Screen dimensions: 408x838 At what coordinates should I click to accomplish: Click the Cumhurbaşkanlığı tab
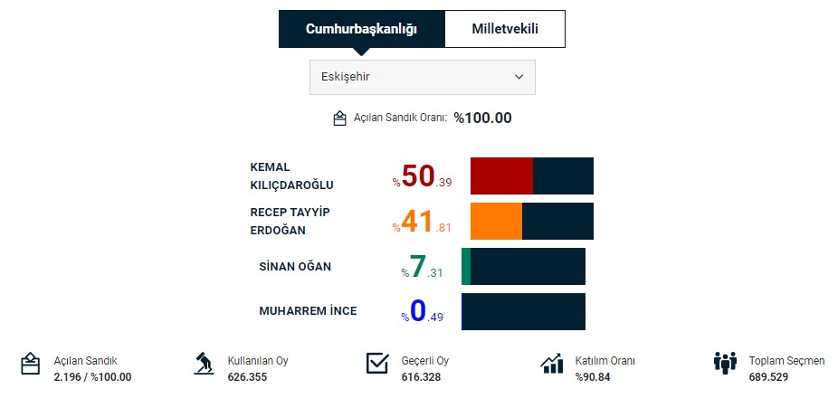[361, 29]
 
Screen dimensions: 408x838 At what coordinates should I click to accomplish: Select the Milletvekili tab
[505, 29]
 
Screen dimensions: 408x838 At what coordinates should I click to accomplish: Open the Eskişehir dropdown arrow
[519, 77]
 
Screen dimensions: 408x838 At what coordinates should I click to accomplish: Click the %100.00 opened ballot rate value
[482, 118]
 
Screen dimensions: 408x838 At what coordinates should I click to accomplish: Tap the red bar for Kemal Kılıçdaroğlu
[501, 176]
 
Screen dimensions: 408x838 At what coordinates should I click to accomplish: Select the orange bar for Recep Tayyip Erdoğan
[496, 221]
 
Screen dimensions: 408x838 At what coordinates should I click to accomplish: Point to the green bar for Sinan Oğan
[466, 266]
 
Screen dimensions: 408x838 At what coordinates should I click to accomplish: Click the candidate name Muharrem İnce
[308, 311]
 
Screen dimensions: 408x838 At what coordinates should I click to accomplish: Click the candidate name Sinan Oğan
[295, 266]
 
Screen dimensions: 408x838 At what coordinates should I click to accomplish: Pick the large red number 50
[418, 176]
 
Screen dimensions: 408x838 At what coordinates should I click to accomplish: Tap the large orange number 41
[418, 222]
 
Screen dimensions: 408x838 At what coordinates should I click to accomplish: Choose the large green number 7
[417, 267]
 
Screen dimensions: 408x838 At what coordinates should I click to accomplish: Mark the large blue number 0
[417, 311]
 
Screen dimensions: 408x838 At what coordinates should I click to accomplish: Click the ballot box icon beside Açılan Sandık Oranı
[340, 119]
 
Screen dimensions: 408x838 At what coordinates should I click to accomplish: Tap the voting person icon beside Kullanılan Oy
[204, 364]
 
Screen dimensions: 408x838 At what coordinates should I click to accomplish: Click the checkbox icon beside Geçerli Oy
[377, 364]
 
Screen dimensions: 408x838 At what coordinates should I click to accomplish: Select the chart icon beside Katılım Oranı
[552, 364]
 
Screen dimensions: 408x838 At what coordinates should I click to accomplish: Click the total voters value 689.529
[768, 376]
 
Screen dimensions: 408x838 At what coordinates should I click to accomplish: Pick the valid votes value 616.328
[421, 376]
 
